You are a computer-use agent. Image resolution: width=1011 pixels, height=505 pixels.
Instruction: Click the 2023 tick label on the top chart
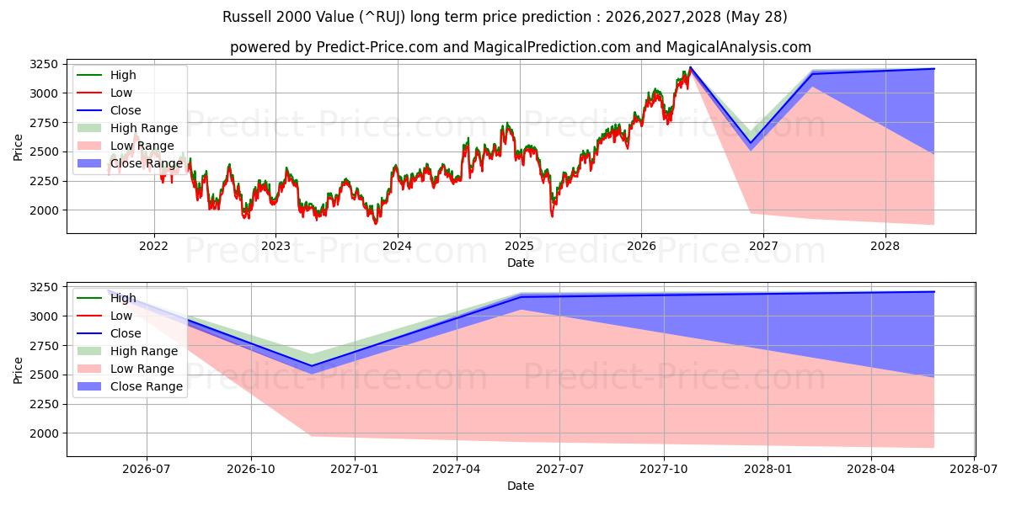click(x=275, y=246)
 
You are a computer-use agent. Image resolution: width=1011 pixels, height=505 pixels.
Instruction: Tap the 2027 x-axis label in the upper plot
click(x=763, y=246)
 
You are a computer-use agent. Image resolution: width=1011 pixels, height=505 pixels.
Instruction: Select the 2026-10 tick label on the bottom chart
click(x=251, y=470)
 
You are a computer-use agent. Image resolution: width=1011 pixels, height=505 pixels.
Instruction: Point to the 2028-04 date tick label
click(x=871, y=470)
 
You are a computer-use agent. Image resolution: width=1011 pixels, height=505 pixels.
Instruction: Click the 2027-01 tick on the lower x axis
click(x=355, y=470)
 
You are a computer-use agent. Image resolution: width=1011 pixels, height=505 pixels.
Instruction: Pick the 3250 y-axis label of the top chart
click(x=44, y=64)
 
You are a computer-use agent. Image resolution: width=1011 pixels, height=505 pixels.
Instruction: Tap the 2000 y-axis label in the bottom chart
click(x=44, y=433)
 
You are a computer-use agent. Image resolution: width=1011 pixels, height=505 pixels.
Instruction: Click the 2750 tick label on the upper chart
click(x=44, y=123)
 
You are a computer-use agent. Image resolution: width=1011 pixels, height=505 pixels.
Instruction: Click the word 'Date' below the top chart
click(x=521, y=263)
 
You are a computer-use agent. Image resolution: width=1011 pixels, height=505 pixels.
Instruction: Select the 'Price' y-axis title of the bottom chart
click(x=18, y=370)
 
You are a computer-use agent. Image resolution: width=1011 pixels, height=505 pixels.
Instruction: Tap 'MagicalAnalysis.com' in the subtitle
click(x=738, y=47)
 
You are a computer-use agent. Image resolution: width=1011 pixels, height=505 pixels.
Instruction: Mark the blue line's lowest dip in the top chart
click(x=751, y=143)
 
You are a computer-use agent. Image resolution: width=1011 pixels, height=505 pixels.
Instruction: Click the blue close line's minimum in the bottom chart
click(x=312, y=365)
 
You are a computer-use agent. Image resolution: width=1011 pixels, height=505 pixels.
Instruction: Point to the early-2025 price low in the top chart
click(x=552, y=216)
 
